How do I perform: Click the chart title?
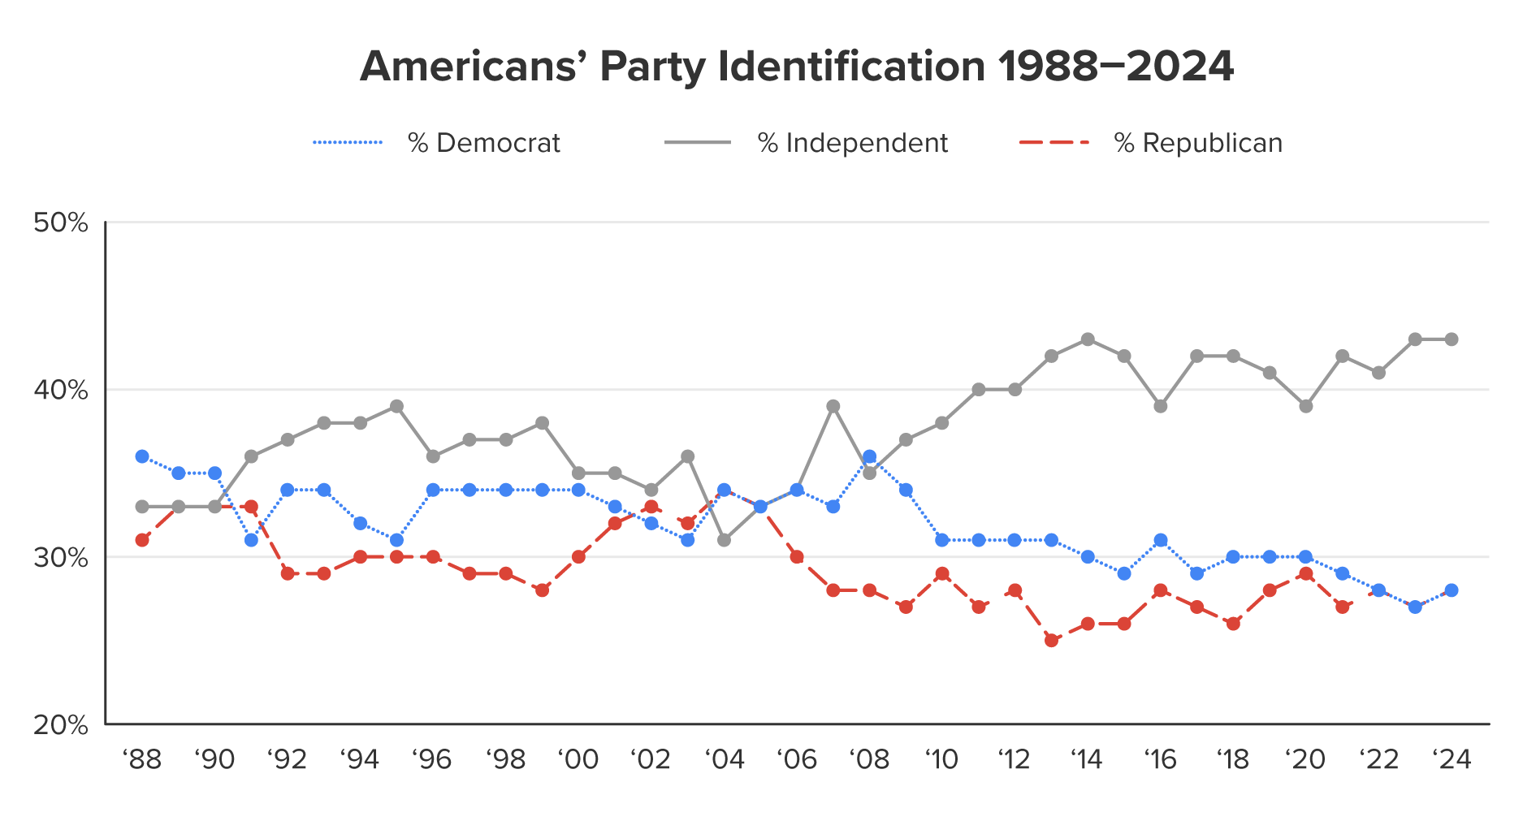[796, 67]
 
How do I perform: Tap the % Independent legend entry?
[807, 143]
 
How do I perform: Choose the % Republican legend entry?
[1151, 143]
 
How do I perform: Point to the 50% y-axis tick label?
[60, 223]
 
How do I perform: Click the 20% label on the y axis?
[60, 724]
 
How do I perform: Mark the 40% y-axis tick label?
[60, 391]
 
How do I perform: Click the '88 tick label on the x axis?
[142, 760]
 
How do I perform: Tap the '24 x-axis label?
[1452, 760]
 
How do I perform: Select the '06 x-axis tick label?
[797, 760]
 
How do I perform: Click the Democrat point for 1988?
[142, 456]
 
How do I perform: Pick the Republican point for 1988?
[142, 540]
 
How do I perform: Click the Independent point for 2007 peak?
[833, 406]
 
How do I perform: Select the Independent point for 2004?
[724, 540]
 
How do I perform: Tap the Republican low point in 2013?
[1051, 641]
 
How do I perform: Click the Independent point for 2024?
[1452, 339]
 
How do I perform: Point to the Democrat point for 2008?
[869, 456]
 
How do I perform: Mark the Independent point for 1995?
[396, 406]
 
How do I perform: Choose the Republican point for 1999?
[542, 590]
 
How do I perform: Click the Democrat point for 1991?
[251, 540]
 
